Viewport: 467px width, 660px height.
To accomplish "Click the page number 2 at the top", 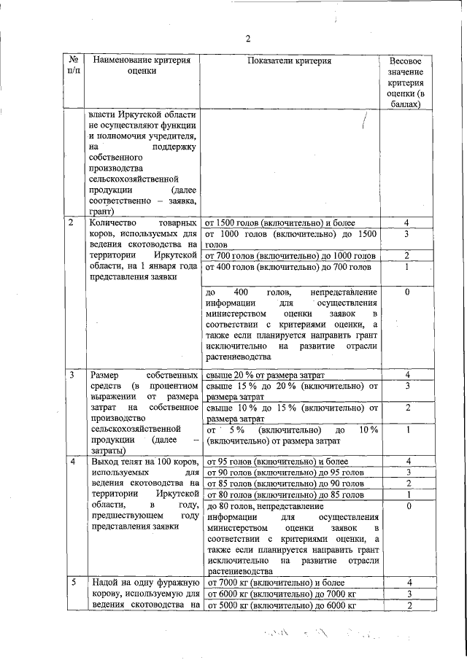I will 248,39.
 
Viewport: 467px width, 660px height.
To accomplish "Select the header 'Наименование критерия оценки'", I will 142,66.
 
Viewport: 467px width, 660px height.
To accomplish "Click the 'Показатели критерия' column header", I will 289,61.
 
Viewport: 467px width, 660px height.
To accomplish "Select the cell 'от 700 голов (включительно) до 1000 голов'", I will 290,256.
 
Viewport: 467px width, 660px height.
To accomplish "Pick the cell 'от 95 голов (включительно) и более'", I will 271,461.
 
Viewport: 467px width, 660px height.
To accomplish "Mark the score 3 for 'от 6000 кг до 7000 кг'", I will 410,594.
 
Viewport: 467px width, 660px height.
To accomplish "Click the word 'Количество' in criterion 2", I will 112,222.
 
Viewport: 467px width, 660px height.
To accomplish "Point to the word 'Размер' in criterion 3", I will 104,374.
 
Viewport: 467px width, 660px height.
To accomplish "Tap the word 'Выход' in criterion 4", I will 103,461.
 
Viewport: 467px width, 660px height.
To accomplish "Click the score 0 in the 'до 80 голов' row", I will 410,505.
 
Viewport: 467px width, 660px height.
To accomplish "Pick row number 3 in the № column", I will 72,374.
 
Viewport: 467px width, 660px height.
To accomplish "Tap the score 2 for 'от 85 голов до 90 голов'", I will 410,484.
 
